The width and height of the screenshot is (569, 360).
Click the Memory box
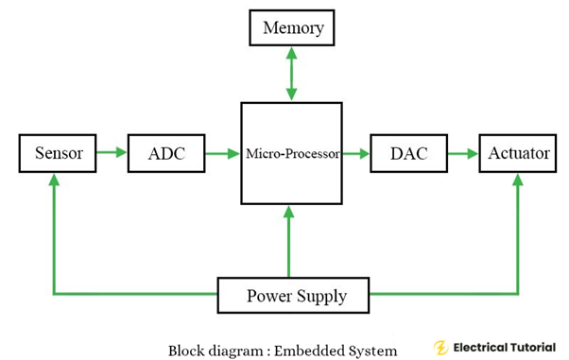pyautogui.click(x=292, y=28)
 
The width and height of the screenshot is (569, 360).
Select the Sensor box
pyautogui.click(x=59, y=153)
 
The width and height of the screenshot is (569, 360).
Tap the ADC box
pyautogui.click(x=165, y=153)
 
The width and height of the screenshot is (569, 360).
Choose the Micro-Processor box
pyautogui.click(x=292, y=153)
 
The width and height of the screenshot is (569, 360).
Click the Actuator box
pyautogui.click(x=518, y=153)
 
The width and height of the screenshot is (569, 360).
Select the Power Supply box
pyautogui.click(x=293, y=295)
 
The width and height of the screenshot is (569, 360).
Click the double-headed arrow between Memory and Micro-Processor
pyautogui.click(x=292, y=74)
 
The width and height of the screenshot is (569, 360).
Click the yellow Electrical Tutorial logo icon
pyautogui.click(x=440, y=347)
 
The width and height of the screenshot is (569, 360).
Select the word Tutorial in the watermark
pyautogui.click(x=533, y=347)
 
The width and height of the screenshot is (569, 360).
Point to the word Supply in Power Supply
pyautogui.click(x=321, y=296)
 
